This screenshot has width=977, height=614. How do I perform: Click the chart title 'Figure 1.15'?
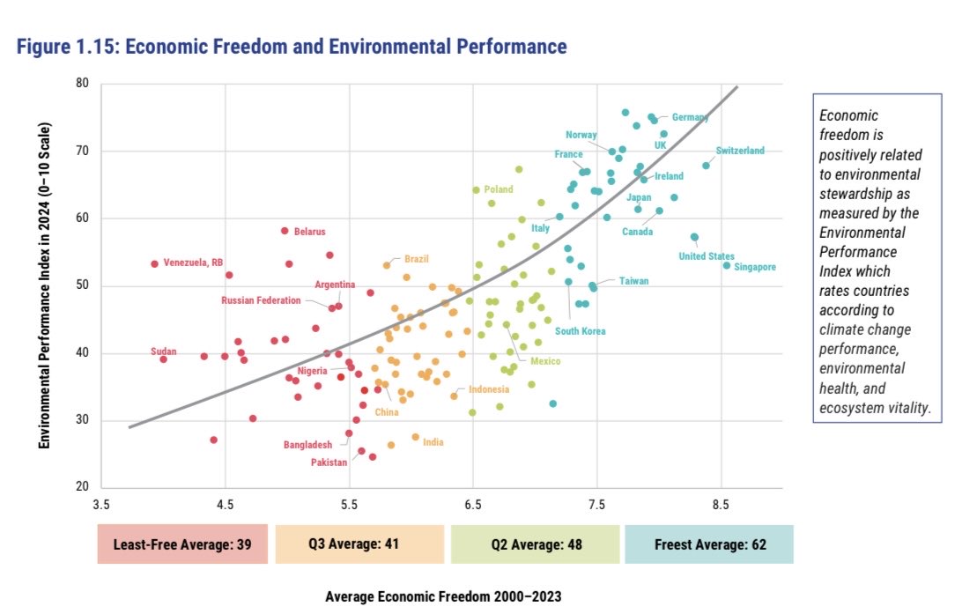point(291,46)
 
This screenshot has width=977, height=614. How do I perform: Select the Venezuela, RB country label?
point(193,263)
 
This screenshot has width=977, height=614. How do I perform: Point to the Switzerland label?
point(740,151)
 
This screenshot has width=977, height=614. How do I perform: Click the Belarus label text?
point(309,232)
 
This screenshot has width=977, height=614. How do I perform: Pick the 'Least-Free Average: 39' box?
point(182,544)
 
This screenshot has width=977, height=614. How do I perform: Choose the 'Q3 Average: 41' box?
point(359,544)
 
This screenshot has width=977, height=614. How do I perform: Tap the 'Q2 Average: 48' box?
point(535,544)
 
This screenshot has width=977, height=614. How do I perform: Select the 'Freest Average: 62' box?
point(709,544)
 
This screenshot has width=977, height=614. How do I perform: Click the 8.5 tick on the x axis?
point(721,505)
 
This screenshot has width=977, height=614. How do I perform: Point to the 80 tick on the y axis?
point(81,85)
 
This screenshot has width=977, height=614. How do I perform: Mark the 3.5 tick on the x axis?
point(101,505)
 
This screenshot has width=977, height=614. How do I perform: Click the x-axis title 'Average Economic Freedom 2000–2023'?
point(443,596)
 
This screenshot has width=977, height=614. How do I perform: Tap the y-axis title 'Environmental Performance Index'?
point(44,285)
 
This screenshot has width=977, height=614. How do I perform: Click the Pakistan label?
point(329,462)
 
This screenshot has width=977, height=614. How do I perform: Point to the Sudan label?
point(164,351)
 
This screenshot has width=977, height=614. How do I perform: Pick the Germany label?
point(690,117)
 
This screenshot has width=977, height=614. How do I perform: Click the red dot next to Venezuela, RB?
point(154,263)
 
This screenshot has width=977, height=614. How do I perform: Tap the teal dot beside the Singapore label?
point(727,265)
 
